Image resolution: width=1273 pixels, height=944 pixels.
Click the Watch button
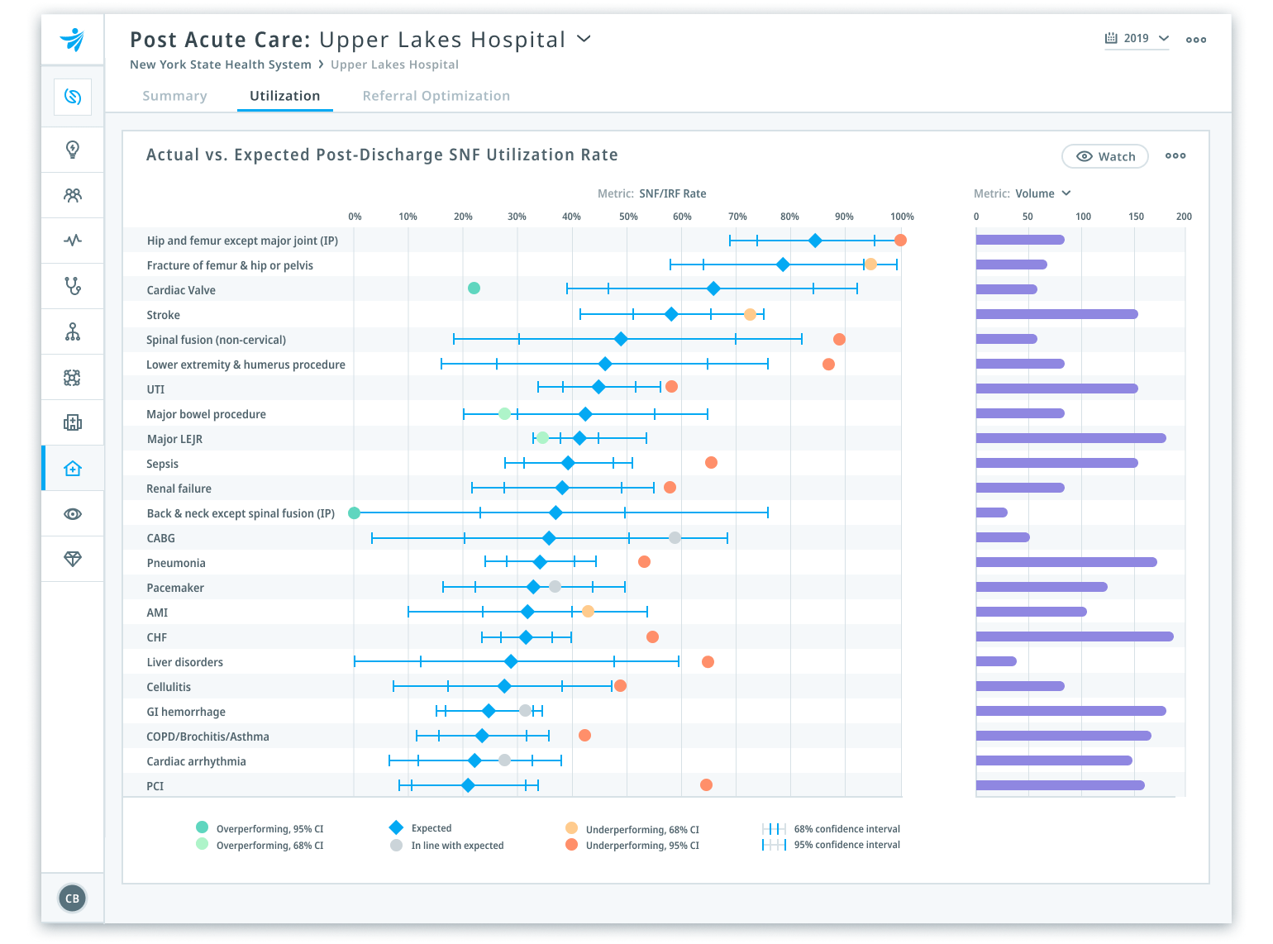(x=1104, y=156)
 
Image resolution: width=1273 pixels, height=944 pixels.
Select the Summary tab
(x=174, y=96)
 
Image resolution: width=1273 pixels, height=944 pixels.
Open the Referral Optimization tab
(x=436, y=96)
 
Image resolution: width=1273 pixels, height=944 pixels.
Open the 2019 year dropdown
(x=1137, y=39)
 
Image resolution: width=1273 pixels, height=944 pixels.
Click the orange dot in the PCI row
(x=706, y=784)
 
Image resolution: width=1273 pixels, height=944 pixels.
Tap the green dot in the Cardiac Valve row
(x=474, y=288)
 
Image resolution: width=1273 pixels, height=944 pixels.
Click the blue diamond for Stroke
(x=671, y=314)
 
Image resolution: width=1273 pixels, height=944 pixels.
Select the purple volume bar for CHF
(x=1074, y=636)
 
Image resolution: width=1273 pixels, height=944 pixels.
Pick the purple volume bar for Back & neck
(x=991, y=513)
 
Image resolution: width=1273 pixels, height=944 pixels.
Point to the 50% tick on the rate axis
(x=628, y=217)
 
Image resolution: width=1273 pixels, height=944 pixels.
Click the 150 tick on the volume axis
(x=1136, y=217)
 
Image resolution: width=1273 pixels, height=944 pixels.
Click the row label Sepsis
(x=162, y=464)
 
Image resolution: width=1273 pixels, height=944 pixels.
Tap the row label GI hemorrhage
(x=185, y=712)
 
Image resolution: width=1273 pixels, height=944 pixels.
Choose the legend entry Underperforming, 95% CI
(x=641, y=845)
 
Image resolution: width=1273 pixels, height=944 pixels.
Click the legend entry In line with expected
(x=456, y=845)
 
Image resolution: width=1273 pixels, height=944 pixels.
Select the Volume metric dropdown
(x=1042, y=193)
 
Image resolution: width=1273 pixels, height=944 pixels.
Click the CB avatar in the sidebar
(x=73, y=898)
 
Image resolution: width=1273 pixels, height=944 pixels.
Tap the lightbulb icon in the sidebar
(x=73, y=150)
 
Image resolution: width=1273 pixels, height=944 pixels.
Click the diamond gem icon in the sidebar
(x=73, y=559)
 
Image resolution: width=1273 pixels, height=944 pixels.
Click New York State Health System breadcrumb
(x=220, y=64)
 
